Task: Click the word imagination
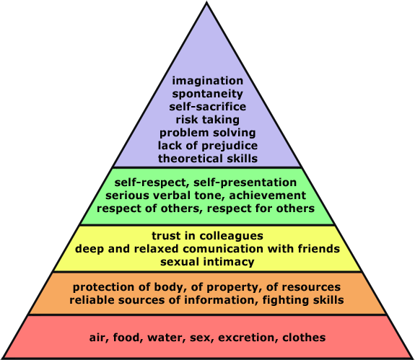click(208, 81)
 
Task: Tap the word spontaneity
click(208, 94)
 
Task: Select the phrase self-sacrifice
click(208, 107)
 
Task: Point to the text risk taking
click(208, 120)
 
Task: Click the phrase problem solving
click(208, 133)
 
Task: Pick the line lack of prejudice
click(208, 146)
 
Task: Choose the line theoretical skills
click(208, 159)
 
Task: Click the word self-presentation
click(245, 183)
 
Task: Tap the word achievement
click(267, 196)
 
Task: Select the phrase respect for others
click(261, 208)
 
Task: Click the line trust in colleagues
click(208, 236)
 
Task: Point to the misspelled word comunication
click(224, 249)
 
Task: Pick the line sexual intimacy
click(207, 262)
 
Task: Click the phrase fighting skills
click(303, 300)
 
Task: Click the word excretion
click(248, 338)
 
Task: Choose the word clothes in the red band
click(304, 338)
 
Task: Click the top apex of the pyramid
click(206, 2)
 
